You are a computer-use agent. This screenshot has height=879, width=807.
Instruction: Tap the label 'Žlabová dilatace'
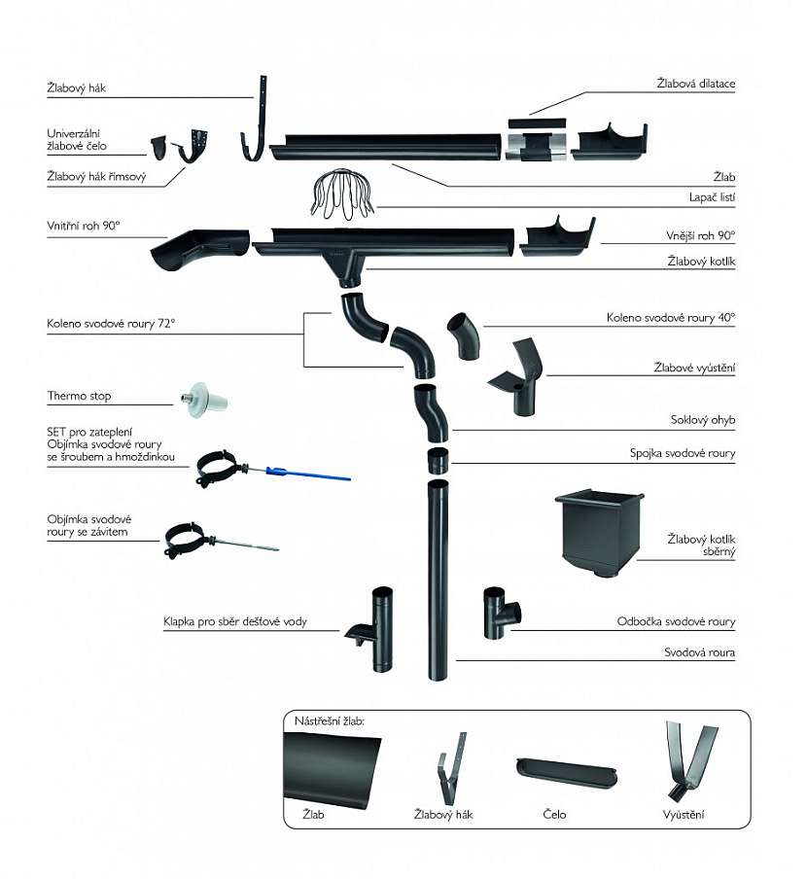(695, 84)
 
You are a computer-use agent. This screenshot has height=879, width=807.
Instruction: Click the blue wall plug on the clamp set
(276, 472)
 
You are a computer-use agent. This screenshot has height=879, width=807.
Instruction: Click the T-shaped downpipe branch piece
(502, 613)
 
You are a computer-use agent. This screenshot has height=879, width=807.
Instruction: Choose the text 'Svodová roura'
(700, 653)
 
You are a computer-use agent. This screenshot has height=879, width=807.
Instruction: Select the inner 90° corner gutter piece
(198, 250)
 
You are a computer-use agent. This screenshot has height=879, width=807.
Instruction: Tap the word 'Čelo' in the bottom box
(554, 814)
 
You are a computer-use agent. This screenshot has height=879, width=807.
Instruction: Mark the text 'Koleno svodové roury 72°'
(111, 323)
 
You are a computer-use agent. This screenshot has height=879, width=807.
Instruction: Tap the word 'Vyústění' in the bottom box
(684, 814)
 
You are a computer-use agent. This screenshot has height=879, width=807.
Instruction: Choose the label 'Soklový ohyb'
(703, 420)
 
